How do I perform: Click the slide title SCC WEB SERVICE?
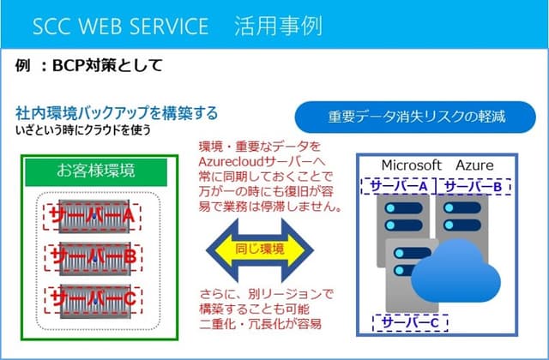(x=120, y=27)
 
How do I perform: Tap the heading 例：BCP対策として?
(x=89, y=65)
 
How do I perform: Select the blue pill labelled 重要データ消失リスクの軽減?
(x=415, y=117)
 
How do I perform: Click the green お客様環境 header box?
(x=96, y=171)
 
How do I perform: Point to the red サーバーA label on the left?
(x=92, y=217)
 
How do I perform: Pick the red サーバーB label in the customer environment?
(x=94, y=258)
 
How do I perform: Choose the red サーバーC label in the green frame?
(x=94, y=300)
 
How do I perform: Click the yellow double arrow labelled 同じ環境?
(x=260, y=249)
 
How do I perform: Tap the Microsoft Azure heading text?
(x=437, y=165)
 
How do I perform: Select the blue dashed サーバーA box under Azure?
(x=398, y=186)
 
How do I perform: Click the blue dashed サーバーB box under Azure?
(x=473, y=186)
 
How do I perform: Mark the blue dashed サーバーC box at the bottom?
(x=410, y=322)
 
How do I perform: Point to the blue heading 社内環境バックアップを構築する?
(x=117, y=113)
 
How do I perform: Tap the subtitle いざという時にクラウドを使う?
(x=83, y=130)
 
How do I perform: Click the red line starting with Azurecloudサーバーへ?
(x=262, y=161)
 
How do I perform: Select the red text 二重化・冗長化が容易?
(x=260, y=324)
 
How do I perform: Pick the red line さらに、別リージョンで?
(x=267, y=294)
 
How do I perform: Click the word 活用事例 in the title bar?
(x=278, y=27)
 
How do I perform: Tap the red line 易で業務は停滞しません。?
(x=270, y=207)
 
